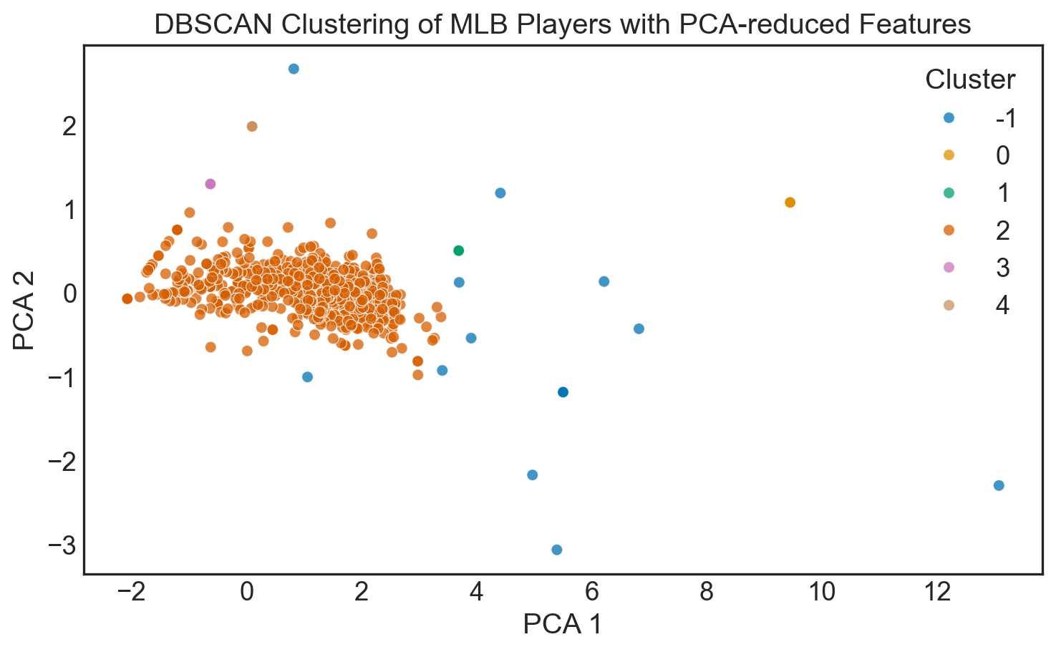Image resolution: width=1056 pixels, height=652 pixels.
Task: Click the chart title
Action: (x=562, y=24)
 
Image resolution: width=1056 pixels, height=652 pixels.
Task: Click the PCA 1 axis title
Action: (x=562, y=624)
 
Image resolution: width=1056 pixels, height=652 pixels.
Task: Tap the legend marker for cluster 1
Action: (x=949, y=193)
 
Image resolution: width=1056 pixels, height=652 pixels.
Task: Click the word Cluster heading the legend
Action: (x=969, y=79)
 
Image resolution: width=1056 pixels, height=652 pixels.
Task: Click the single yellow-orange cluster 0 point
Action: (x=790, y=203)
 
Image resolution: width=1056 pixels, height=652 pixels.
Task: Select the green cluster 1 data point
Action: (x=459, y=250)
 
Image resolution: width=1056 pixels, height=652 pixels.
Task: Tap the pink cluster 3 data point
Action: (x=210, y=184)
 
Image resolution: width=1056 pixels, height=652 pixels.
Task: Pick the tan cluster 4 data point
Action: (x=252, y=127)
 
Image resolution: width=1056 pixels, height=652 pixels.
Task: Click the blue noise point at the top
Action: (x=294, y=69)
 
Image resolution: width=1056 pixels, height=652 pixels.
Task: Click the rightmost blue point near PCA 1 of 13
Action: (x=999, y=485)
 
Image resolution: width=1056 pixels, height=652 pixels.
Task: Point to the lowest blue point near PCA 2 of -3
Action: (x=556, y=550)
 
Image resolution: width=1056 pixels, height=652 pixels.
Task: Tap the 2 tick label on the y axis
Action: (x=69, y=127)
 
